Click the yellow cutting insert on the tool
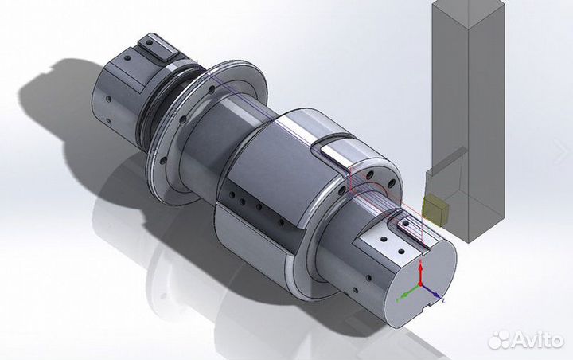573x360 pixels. coord(435,210)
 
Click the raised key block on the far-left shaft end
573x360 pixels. coord(152,47)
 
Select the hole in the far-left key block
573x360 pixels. coord(149,44)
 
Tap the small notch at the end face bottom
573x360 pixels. coord(431,302)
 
